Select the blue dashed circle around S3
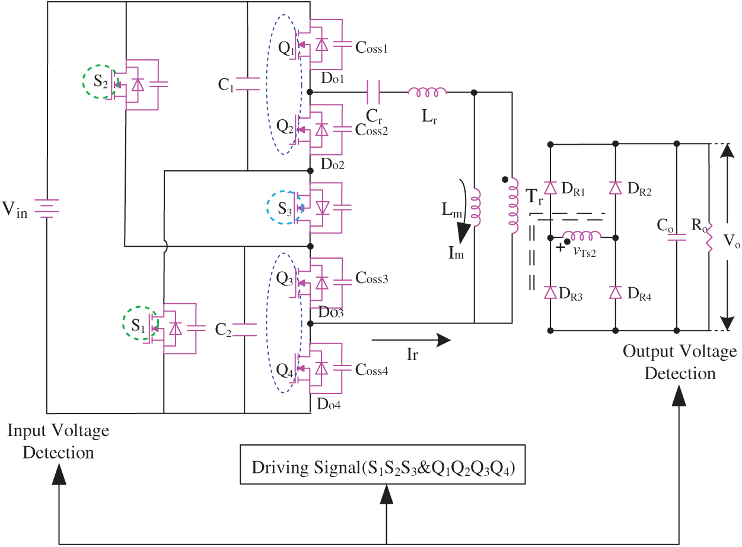286,207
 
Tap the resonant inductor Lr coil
427,93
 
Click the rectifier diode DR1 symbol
550,188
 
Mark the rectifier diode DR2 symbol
616,188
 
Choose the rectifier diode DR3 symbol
550,292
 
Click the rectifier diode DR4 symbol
616,292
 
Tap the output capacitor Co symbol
677,237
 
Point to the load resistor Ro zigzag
709,237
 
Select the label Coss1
371,47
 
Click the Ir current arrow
411,340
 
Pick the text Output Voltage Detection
680,362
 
